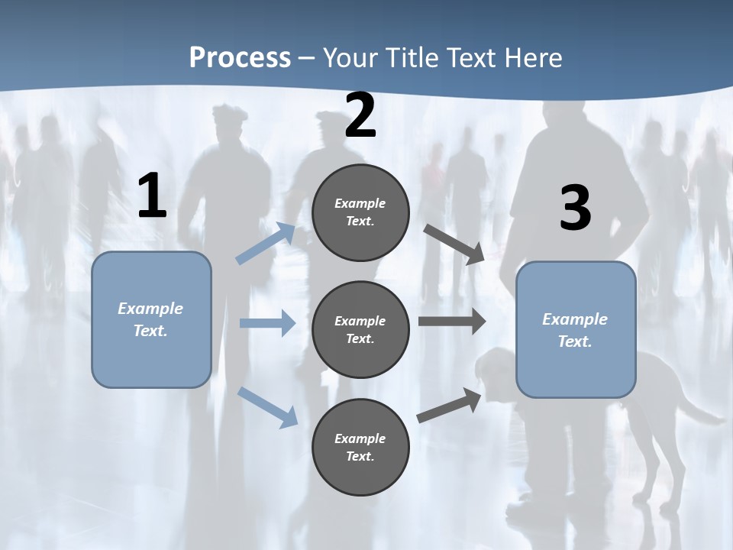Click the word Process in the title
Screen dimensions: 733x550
click(241, 58)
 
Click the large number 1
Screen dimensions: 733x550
click(153, 195)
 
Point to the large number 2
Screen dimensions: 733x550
click(360, 115)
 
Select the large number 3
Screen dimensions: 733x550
click(576, 207)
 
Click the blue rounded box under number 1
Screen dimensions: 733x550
click(151, 320)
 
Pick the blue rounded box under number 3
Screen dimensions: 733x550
click(576, 330)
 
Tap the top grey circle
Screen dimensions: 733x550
click(360, 212)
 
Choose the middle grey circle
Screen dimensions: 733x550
click(360, 330)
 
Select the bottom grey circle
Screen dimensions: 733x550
click(360, 447)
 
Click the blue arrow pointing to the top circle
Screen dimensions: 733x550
click(266, 243)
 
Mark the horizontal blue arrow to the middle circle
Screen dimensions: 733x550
click(267, 322)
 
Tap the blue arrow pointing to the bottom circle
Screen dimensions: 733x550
click(268, 407)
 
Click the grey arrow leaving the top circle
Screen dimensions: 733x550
click(454, 244)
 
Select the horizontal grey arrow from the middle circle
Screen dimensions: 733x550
click(452, 321)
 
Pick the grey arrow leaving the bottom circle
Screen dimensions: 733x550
click(449, 405)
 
